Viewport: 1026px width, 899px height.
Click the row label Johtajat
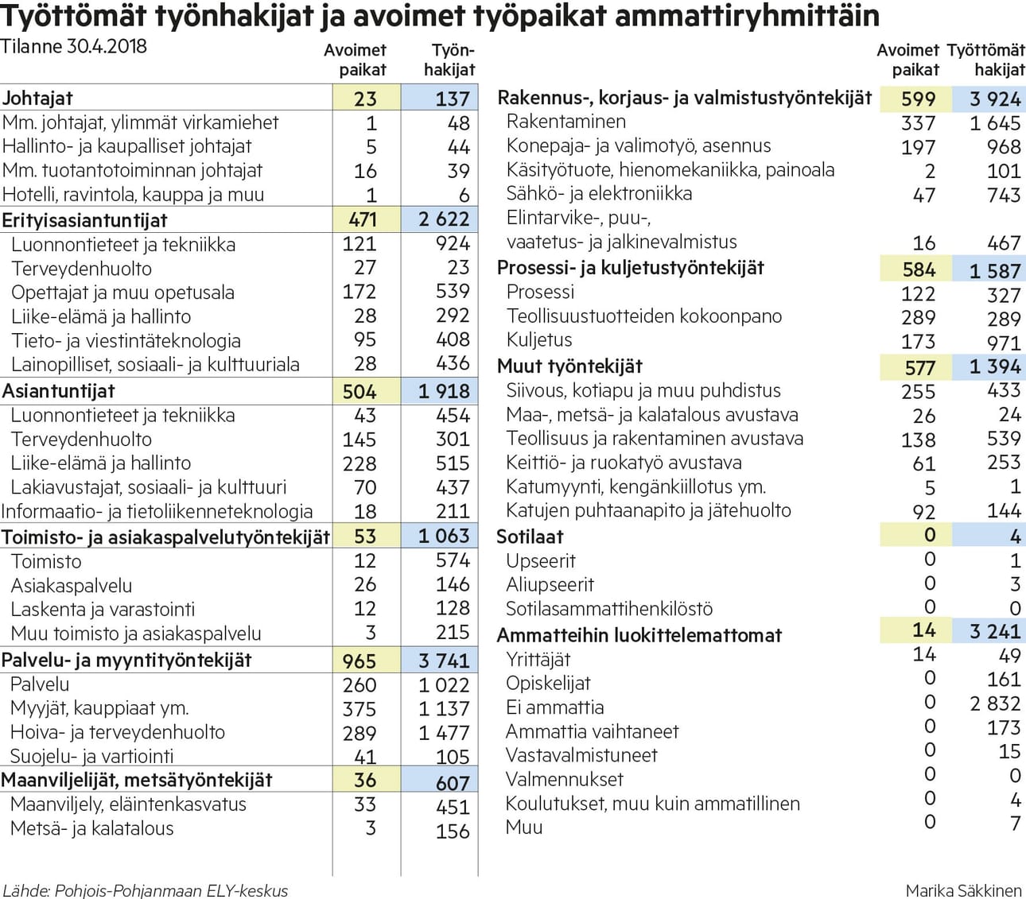(x=37, y=98)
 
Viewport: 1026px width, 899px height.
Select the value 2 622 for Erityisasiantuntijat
(x=444, y=219)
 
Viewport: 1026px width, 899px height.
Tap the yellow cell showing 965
(x=359, y=661)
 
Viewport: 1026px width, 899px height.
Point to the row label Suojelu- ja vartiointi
(x=91, y=756)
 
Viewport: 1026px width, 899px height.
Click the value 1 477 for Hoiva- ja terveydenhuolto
(x=444, y=732)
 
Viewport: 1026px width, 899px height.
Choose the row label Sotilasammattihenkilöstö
(x=609, y=608)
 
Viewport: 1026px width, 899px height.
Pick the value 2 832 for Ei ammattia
(x=995, y=703)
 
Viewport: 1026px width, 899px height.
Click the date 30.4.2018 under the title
(x=107, y=47)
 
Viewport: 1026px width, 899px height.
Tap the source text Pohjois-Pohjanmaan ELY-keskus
(x=171, y=890)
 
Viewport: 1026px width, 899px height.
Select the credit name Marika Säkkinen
(x=964, y=890)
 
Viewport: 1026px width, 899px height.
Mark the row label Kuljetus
(x=538, y=339)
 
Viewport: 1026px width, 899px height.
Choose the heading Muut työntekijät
(x=569, y=366)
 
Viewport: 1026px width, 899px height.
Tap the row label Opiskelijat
(x=548, y=684)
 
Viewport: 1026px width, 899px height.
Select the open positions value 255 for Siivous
(x=918, y=391)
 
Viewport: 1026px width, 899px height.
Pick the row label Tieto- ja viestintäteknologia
(x=126, y=341)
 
